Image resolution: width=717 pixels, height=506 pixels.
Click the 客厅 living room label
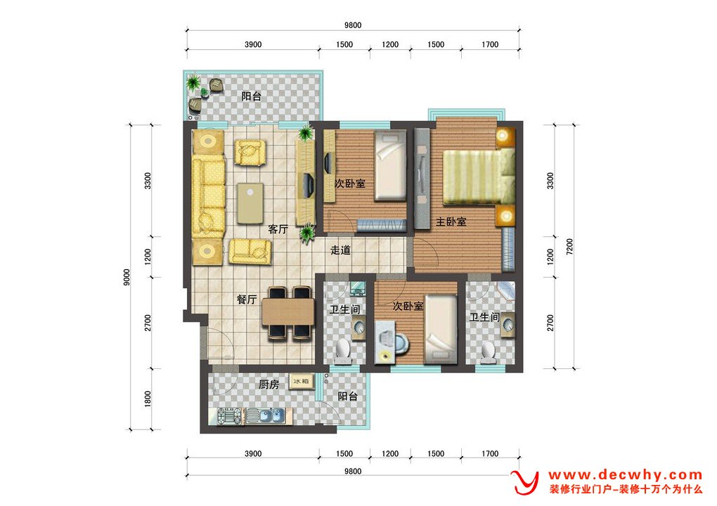(278, 229)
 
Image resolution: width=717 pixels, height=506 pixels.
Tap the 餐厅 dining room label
(247, 299)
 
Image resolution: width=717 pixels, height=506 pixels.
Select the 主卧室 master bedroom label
(451, 221)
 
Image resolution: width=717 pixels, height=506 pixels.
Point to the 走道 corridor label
(341, 250)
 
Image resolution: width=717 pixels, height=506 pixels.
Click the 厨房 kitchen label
(269, 384)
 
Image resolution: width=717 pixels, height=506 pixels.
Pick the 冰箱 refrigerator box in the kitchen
(302, 381)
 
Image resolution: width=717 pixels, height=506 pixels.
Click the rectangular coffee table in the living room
(250, 203)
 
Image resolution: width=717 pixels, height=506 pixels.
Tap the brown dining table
(288, 311)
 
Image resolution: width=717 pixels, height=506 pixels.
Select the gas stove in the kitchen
(229, 416)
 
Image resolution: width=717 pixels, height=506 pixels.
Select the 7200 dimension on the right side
(569, 247)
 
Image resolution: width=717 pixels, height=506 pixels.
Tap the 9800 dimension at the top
(353, 25)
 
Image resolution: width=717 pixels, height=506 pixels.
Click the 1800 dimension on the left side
(147, 399)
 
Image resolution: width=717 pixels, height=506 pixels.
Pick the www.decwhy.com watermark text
(626, 475)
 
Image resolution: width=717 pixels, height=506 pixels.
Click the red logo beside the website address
(525, 482)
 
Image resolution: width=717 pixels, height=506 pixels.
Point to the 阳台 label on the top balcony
(252, 96)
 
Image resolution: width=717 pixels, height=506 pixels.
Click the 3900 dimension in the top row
(253, 44)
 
